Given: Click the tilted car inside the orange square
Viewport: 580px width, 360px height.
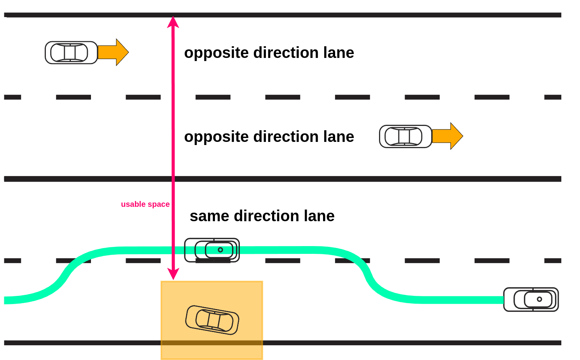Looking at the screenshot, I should [x=212, y=320].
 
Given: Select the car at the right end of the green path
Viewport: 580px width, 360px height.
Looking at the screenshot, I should [x=531, y=299].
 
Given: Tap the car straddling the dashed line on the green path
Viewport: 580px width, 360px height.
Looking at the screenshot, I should [x=212, y=250].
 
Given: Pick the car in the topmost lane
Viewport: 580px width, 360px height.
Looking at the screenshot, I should [x=71, y=52].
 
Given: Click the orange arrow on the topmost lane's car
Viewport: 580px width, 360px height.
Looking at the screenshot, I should [x=114, y=52].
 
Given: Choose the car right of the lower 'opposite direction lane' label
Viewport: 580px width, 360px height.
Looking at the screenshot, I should [x=405, y=136].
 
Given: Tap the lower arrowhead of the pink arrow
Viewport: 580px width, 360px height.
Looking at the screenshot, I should [x=173, y=274].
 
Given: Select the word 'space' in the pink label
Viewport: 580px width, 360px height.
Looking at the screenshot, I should [x=158, y=204].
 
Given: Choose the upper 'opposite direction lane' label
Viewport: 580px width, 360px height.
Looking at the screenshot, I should [x=269, y=53].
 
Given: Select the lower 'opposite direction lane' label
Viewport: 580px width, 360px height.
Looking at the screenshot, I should [x=269, y=137].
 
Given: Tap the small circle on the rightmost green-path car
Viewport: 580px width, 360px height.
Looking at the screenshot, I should [x=539, y=299].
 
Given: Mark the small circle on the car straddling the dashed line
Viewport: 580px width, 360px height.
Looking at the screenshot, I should [x=220, y=250].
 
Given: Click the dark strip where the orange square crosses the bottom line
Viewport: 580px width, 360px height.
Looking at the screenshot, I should [x=212, y=343].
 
